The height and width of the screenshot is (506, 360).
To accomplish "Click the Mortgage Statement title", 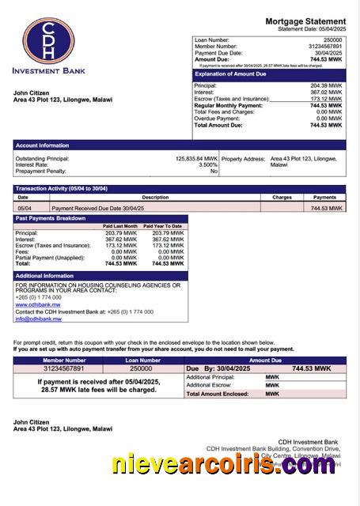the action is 305,21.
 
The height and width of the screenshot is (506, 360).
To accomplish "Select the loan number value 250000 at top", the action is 333,40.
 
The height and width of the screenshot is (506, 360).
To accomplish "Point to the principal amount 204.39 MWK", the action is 326,85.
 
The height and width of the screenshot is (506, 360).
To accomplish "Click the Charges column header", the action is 282,197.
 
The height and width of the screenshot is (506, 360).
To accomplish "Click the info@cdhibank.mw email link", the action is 38,319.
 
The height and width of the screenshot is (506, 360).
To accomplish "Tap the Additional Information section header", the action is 44,275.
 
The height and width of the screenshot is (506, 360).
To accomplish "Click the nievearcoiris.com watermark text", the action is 224,466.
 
